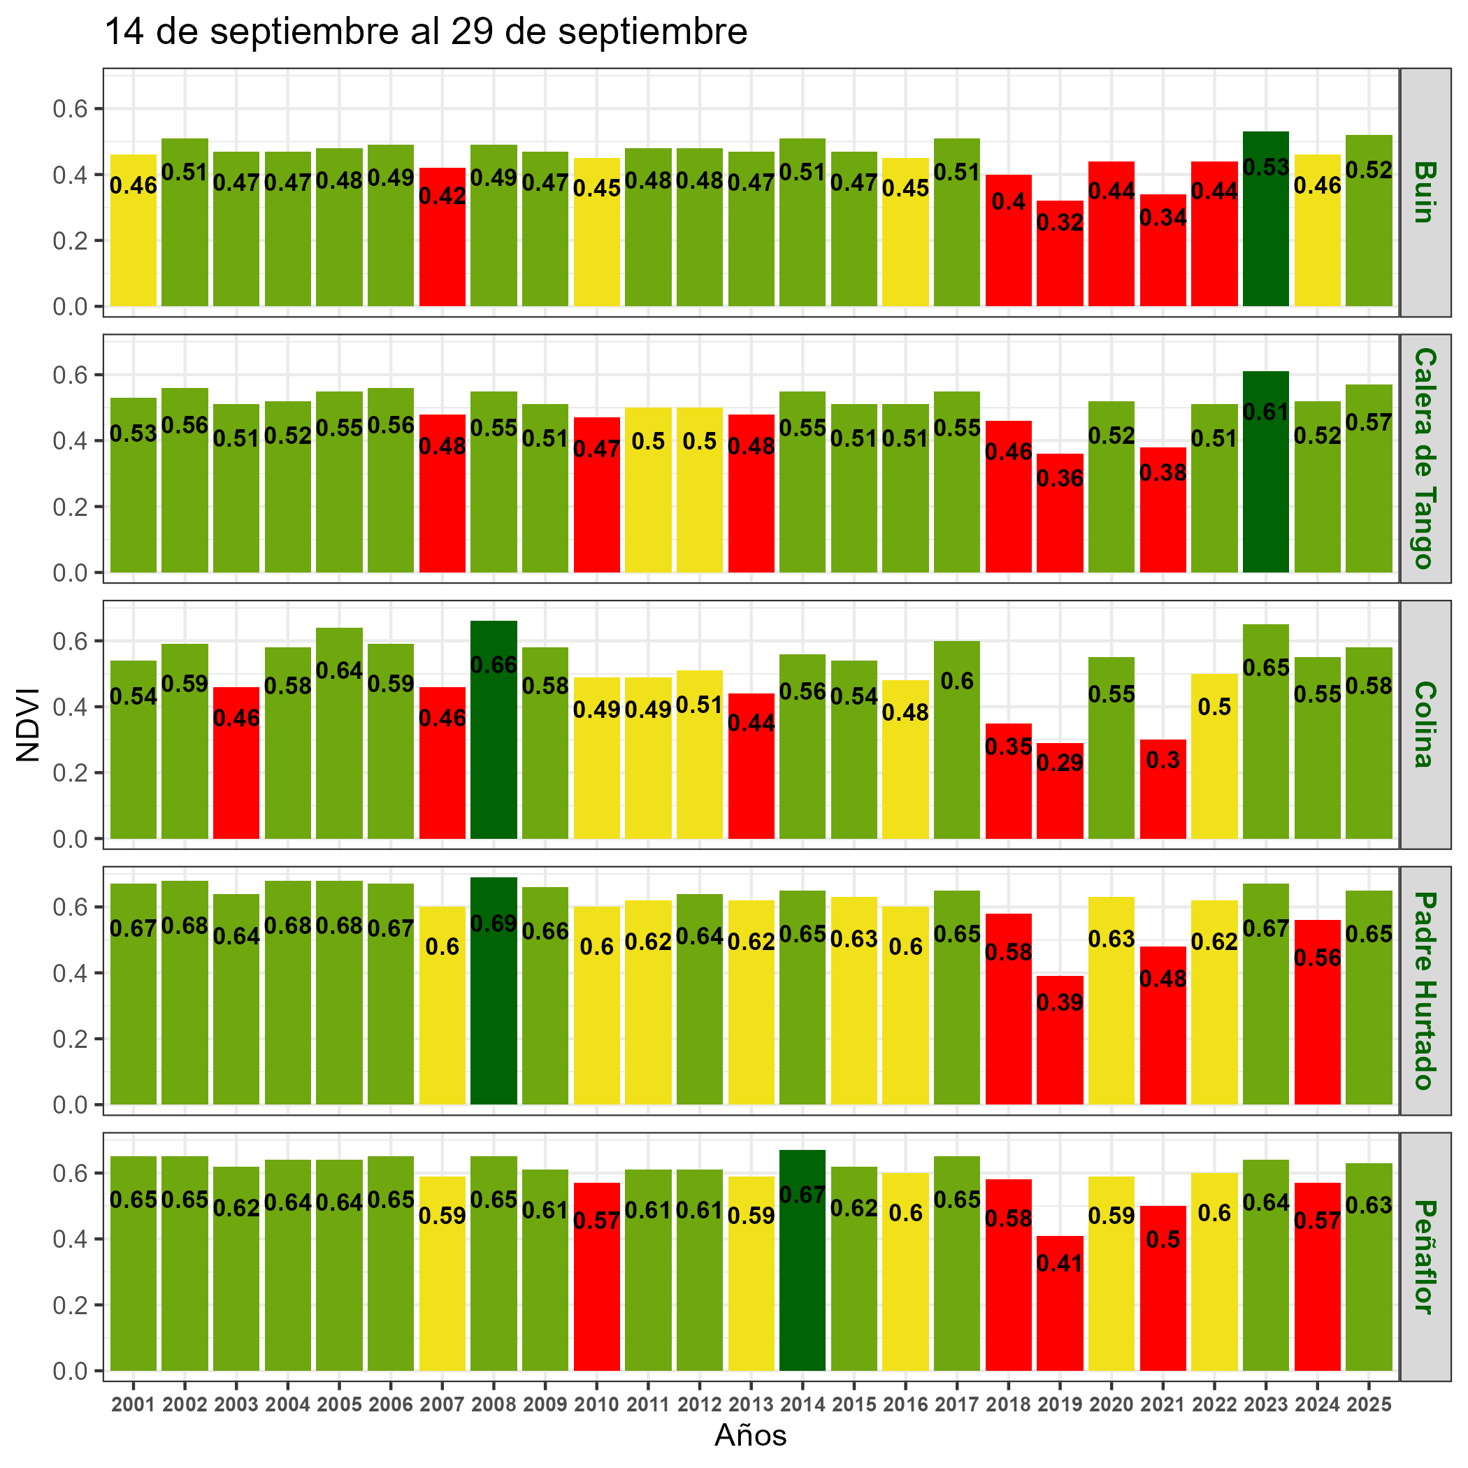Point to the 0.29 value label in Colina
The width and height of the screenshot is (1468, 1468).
click(1060, 763)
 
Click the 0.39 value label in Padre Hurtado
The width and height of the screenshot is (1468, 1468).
click(1060, 1002)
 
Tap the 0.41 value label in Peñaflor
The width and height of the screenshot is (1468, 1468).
click(1060, 1264)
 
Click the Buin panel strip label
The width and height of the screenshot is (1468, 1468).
click(1424, 192)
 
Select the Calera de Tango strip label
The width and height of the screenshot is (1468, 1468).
click(1424, 458)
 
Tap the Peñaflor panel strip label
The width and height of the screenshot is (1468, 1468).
click(1424, 1257)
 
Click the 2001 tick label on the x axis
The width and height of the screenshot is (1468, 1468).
click(134, 1405)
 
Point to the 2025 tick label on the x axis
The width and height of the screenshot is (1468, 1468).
click(1369, 1405)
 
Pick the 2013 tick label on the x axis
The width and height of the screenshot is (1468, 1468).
click(751, 1405)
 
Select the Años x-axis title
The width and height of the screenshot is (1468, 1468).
click(751, 1435)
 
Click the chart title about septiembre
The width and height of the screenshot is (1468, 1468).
click(426, 33)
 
